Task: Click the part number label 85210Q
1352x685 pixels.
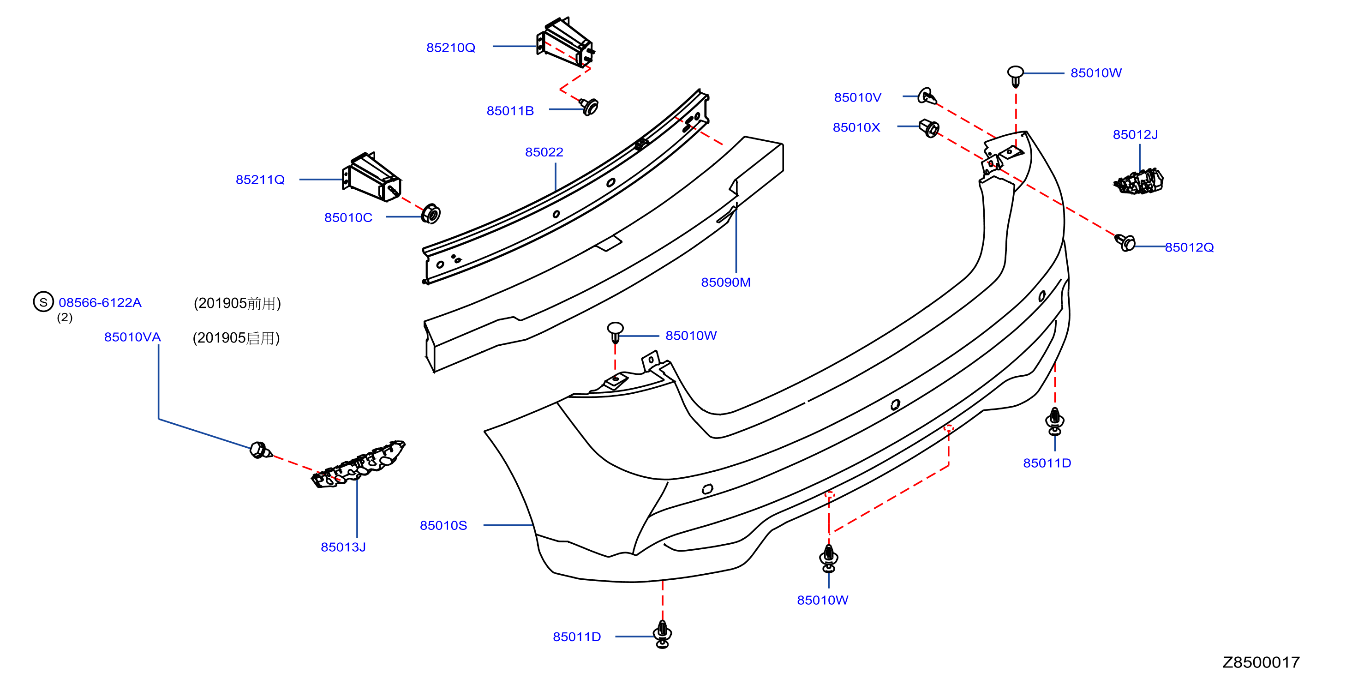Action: coord(450,48)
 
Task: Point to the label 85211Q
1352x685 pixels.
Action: coord(260,180)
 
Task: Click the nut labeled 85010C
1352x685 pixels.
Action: coord(431,213)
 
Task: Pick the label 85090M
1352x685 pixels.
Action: coord(725,282)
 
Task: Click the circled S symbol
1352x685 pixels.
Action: coord(43,302)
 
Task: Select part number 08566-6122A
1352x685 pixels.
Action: coord(100,302)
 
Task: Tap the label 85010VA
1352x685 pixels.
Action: coord(132,337)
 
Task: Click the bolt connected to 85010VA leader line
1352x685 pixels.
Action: coord(260,451)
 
